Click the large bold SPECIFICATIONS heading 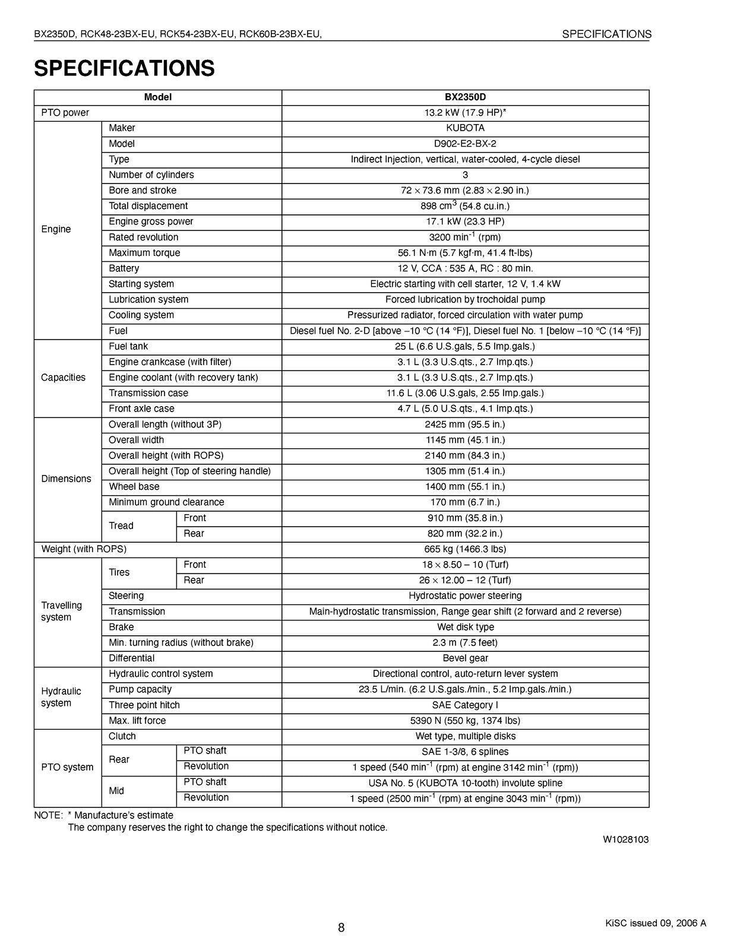124,68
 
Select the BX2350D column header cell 465,97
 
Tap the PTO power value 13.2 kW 465,113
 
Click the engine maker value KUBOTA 465,128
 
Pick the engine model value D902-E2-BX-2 465,144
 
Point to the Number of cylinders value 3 465,175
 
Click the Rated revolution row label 143,237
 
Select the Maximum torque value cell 465,253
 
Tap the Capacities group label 63,378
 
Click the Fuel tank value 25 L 465,347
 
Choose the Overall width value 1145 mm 465,440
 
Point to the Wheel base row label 134,487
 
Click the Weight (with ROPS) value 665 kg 465,549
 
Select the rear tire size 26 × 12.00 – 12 465,580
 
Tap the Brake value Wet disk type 465,627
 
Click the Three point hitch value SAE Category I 465,705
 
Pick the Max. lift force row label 137,721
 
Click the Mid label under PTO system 116,791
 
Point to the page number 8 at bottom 341,927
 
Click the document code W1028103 626,840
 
